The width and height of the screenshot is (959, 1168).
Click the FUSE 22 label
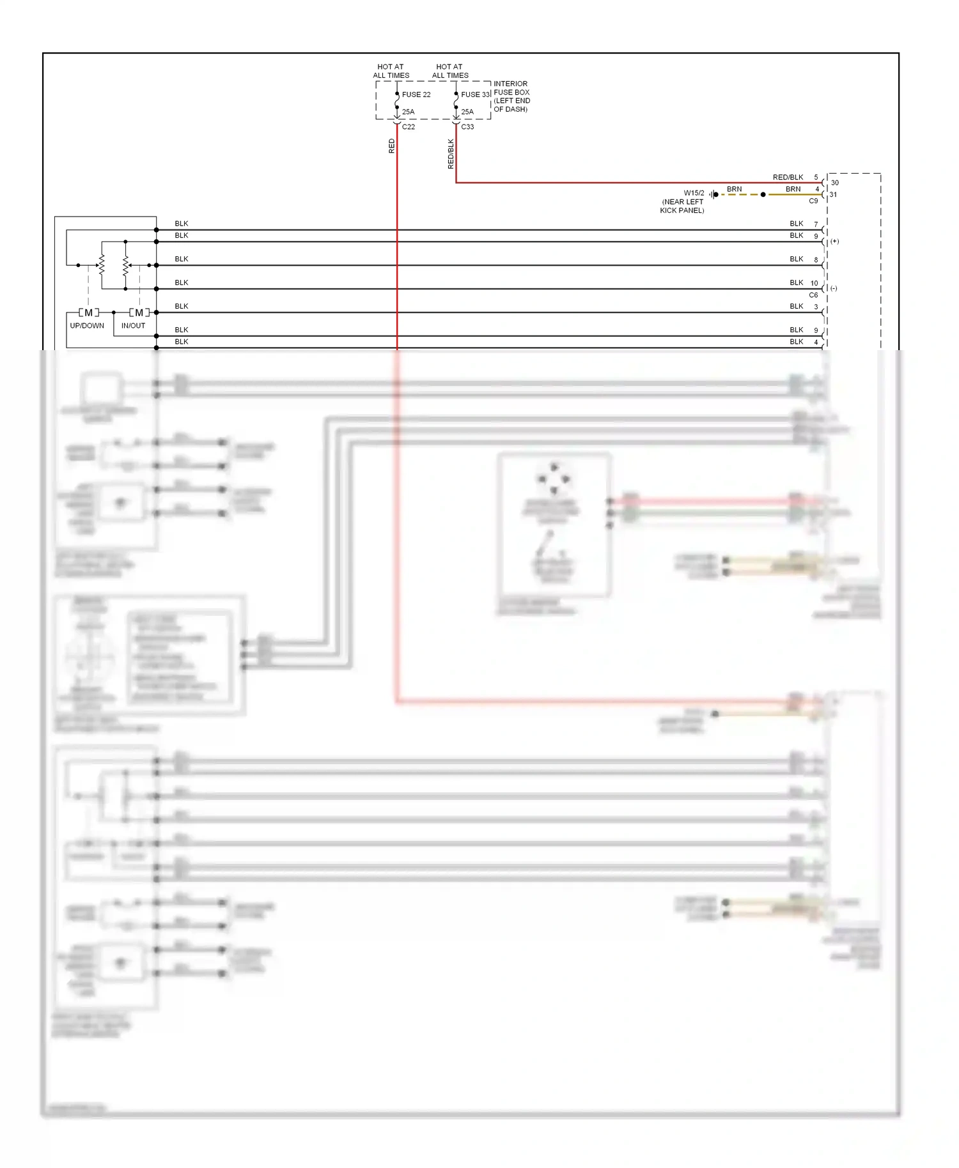pyautogui.click(x=416, y=95)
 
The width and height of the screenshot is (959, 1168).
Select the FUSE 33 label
pyautogui.click(x=475, y=95)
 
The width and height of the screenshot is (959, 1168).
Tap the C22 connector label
pyautogui.click(x=408, y=127)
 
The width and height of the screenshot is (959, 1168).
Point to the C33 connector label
pyautogui.click(x=467, y=127)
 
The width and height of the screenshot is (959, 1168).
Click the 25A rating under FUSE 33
pyautogui.click(x=467, y=112)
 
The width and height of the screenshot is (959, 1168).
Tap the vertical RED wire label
pyautogui.click(x=391, y=146)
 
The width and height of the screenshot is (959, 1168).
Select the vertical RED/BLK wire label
pyautogui.click(x=451, y=153)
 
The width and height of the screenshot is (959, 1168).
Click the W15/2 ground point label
pyautogui.click(x=694, y=193)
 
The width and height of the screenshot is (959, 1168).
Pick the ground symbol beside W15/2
pyautogui.click(x=713, y=194)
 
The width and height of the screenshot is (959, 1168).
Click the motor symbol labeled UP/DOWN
pyautogui.click(x=88, y=312)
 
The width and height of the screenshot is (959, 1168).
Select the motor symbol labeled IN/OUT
pyautogui.click(x=139, y=312)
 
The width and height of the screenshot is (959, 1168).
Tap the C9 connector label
pyautogui.click(x=813, y=201)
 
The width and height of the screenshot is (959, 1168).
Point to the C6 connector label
pyautogui.click(x=813, y=295)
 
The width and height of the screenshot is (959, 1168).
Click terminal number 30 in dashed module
pyautogui.click(x=834, y=183)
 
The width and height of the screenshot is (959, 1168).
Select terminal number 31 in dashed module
pyautogui.click(x=833, y=194)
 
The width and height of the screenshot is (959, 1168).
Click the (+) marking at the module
pyautogui.click(x=834, y=242)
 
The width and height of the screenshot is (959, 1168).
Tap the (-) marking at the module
pyautogui.click(x=834, y=288)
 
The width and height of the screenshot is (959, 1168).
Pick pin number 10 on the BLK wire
pyautogui.click(x=814, y=283)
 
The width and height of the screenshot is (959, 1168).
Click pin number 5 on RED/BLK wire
pyautogui.click(x=816, y=177)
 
